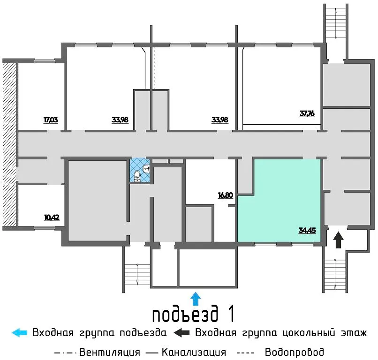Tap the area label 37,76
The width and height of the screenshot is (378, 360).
[307, 113]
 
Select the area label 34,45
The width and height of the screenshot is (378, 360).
[306, 230]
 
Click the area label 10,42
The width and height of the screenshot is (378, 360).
[51, 217]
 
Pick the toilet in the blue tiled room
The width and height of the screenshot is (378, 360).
[137, 176]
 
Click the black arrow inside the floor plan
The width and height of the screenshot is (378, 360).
[338, 240]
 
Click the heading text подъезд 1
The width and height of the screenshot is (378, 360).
[193, 314]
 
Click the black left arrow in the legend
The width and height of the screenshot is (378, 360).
[182, 333]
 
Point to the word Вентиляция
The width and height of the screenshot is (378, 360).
[110, 352]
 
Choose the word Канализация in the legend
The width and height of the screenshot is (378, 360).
[194, 352]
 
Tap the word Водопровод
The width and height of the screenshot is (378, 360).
[294, 352]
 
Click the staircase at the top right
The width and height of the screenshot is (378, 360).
[335, 30]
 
